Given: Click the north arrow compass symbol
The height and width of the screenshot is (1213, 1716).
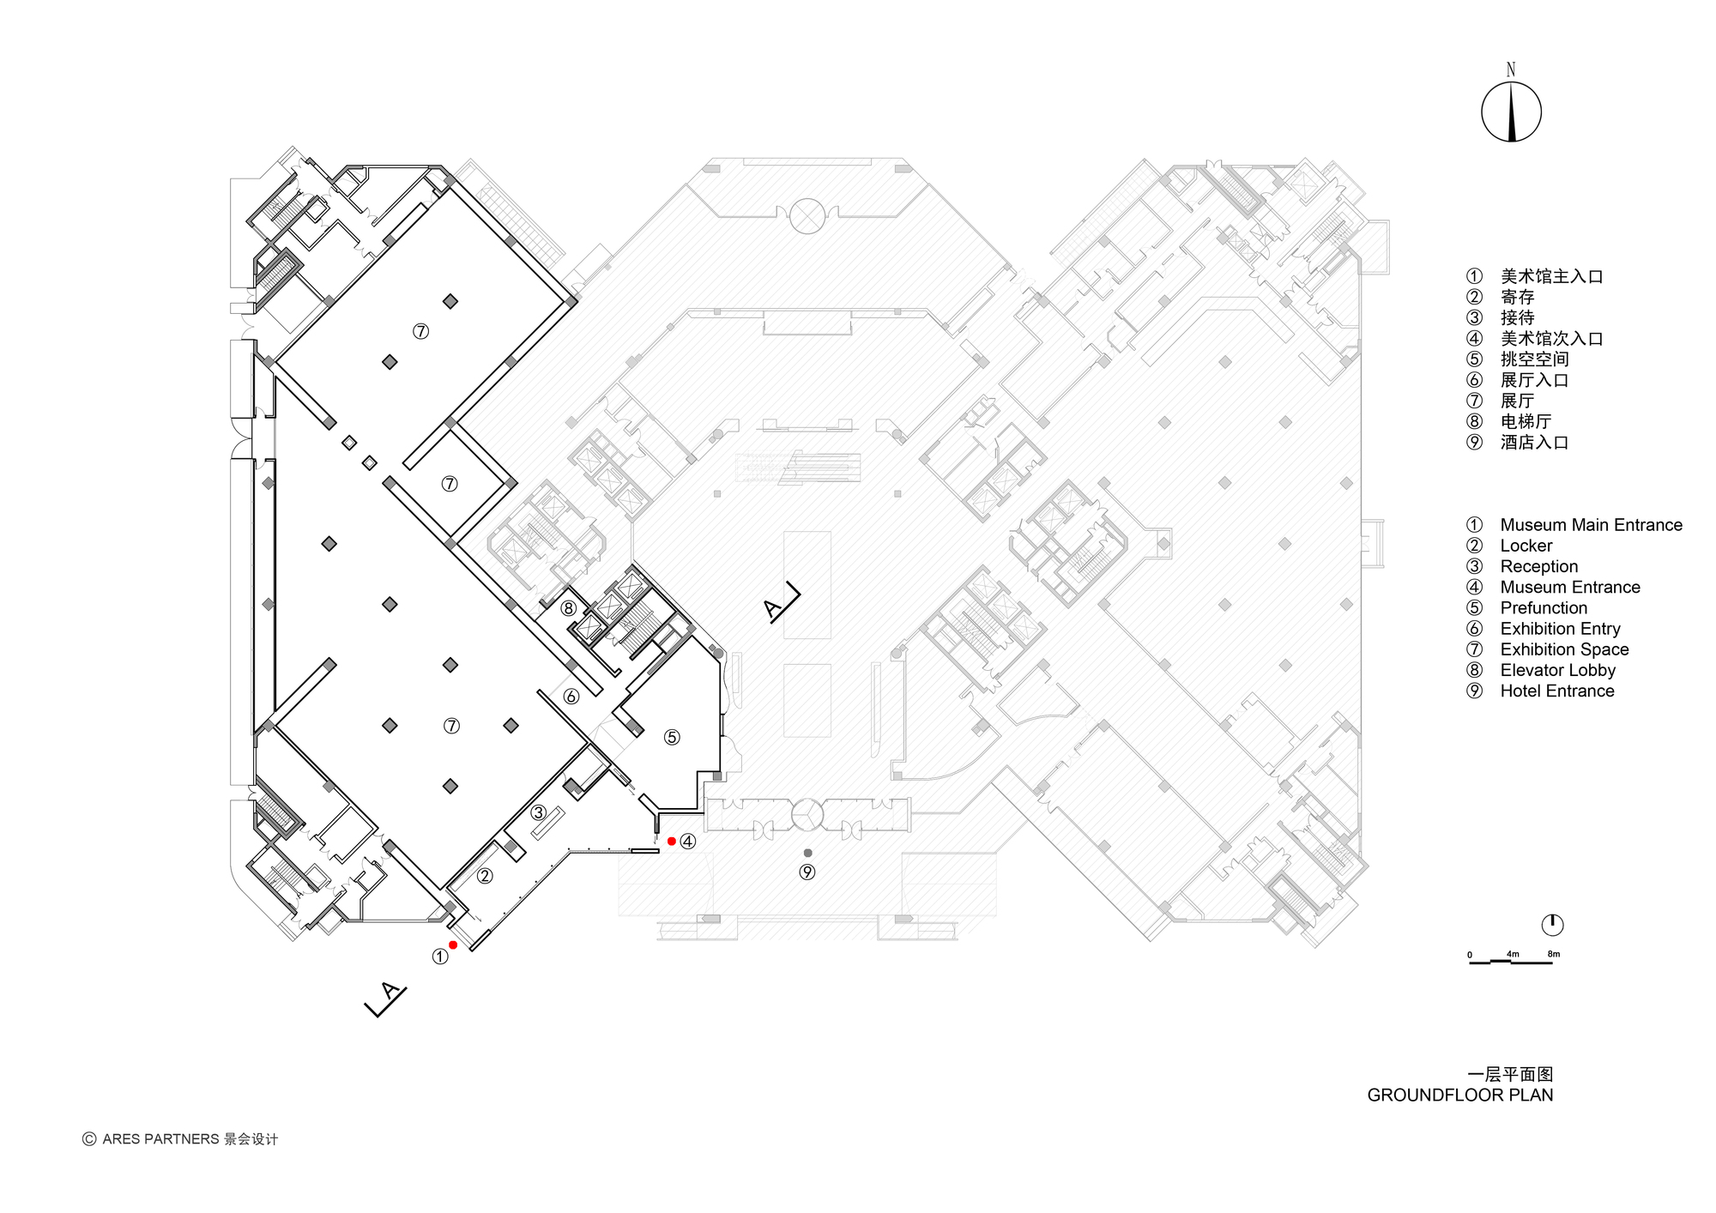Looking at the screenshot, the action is coord(1511,112).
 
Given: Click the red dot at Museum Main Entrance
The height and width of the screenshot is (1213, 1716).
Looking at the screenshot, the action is coord(453,945).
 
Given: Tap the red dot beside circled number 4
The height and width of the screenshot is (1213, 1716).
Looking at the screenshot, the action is coord(671,842).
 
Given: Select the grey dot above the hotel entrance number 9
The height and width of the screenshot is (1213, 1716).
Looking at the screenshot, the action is coord(807,853).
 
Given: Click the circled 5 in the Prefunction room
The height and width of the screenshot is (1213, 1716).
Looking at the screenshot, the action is coord(672,737).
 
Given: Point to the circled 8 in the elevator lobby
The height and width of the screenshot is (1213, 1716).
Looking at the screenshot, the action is coord(568,608).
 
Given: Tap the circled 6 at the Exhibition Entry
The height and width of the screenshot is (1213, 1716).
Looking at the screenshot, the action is coord(571,697).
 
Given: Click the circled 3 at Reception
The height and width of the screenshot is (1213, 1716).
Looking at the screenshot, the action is coord(539,812).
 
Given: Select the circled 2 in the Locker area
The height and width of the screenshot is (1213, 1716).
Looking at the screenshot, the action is coord(485,876).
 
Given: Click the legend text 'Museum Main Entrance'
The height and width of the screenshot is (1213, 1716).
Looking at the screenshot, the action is coord(1591,525).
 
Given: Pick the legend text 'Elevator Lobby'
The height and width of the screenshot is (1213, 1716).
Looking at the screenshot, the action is coord(1557,670).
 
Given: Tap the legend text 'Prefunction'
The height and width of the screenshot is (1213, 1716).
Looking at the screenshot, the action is coord(1544,608).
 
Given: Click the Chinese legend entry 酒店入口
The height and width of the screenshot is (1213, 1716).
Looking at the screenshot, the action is coord(1534,443).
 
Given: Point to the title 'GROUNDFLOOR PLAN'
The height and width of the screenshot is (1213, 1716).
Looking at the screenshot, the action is coord(1459,1095).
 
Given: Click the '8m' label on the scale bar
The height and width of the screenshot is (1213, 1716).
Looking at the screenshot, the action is coord(1553,954).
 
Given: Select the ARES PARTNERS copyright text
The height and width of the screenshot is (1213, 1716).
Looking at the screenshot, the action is coord(180,1139).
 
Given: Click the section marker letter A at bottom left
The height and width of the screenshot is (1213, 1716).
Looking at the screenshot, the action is coord(390,993).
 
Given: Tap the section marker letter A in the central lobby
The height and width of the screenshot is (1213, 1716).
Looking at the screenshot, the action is coord(773,609).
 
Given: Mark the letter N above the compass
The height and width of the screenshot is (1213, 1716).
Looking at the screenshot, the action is coord(1511,70).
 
